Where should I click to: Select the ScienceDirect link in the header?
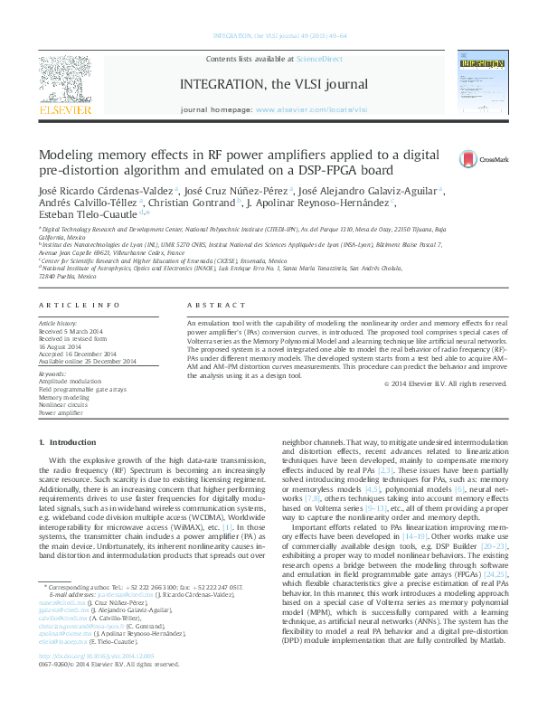[x=320, y=58]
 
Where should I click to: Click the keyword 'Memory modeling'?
[x=63, y=397]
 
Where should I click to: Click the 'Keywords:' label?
[x=53, y=373]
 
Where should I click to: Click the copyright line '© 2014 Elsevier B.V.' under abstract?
[x=445, y=383]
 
